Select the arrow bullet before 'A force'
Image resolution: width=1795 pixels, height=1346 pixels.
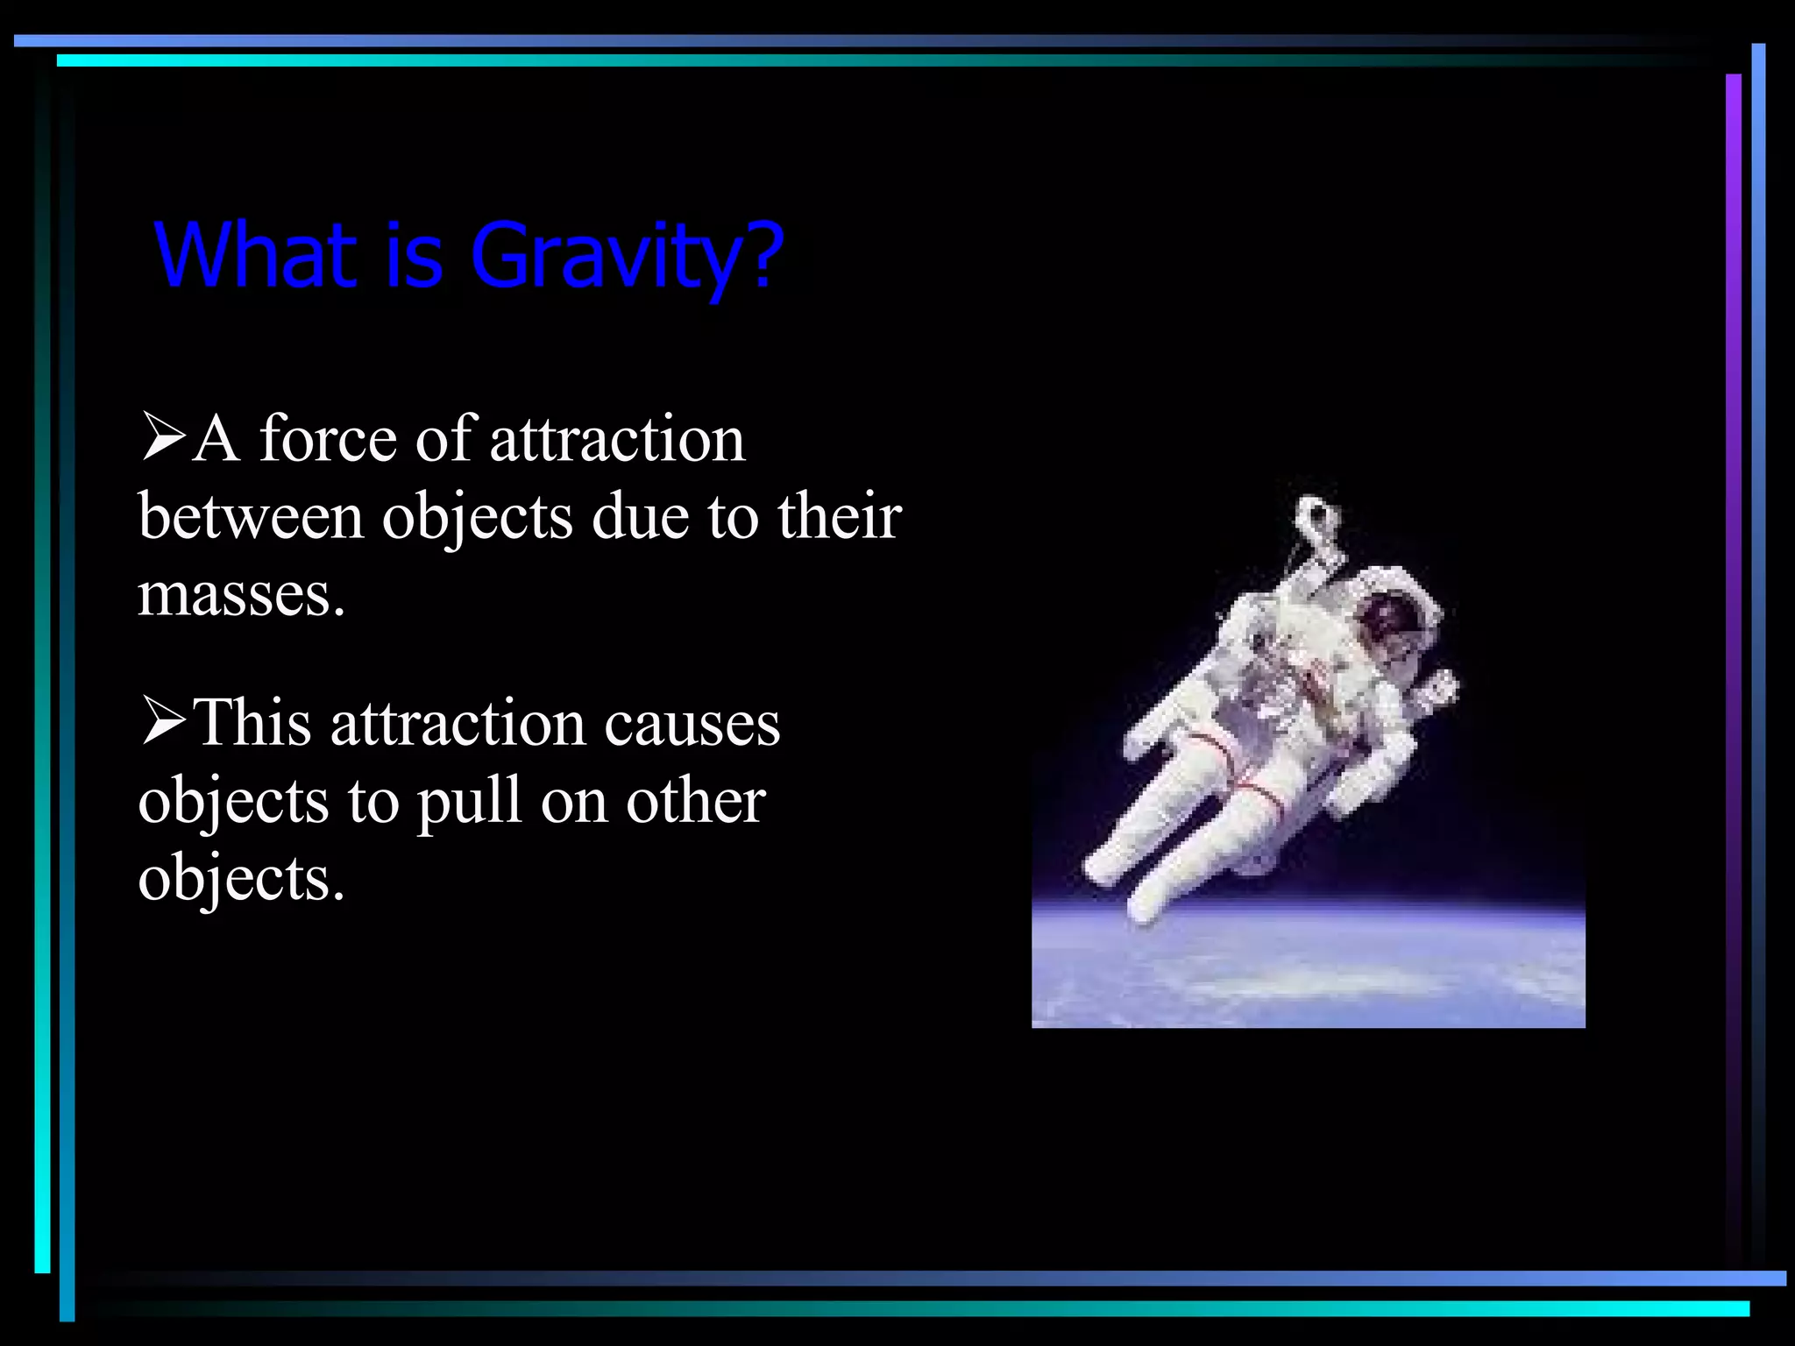point(163,438)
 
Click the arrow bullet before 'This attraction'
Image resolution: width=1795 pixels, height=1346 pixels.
point(163,723)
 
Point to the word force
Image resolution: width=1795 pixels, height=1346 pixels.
point(328,438)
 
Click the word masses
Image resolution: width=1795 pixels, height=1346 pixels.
point(241,595)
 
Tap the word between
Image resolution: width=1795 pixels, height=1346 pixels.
point(251,516)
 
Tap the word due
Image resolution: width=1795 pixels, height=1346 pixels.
point(640,516)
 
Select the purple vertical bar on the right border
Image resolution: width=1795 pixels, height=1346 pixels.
point(1733,613)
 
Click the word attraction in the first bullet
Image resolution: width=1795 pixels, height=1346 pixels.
point(617,438)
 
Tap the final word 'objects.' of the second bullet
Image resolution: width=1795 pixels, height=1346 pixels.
point(241,878)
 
